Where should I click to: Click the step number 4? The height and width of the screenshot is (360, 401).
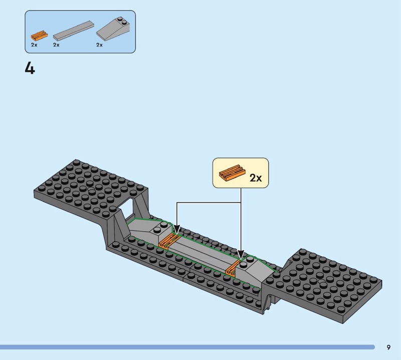[30, 69]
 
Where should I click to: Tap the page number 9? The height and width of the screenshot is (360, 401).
[388, 347]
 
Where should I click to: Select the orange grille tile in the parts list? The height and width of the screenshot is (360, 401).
[40, 36]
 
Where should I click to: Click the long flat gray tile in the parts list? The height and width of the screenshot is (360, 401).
[73, 31]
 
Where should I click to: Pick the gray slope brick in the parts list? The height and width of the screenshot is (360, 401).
[113, 29]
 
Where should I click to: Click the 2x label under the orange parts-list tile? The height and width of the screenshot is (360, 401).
[34, 45]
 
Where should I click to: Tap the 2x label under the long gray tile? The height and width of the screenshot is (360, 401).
[56, 45]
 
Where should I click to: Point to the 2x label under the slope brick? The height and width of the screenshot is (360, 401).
[99, 45]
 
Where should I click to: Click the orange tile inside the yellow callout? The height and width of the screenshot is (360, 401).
[232, 172]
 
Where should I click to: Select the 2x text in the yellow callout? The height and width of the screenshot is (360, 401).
[256, 178]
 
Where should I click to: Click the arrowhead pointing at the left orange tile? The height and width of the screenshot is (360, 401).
[177, 229]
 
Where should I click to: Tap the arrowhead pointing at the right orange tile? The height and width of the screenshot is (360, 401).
[241, 255]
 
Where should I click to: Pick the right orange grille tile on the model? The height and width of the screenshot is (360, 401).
[232, 270]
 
